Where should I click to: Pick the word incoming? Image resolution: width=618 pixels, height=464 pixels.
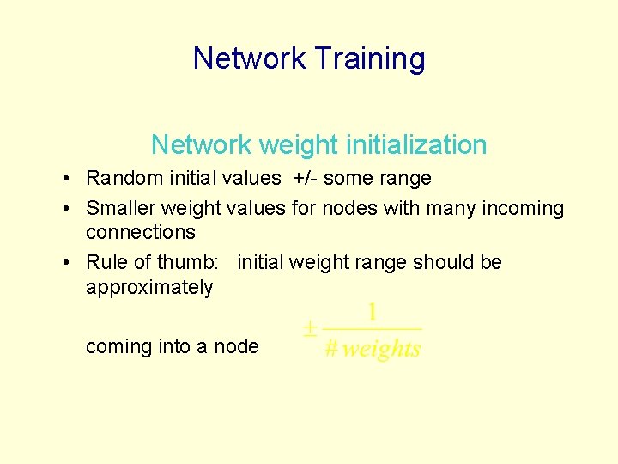pos(523,208)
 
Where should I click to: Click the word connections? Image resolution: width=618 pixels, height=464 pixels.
pos(141,232)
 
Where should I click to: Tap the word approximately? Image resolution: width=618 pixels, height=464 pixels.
pos(149,286)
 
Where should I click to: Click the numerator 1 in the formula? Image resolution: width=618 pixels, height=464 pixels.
pos(373,311)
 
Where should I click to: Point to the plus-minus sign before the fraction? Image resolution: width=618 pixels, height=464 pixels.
pos(310,330)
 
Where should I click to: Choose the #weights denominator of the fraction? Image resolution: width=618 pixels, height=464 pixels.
pos(373,349)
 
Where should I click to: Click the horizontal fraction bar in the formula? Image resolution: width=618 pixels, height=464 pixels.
pos(373,329)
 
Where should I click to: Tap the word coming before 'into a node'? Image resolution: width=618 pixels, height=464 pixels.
pos(118,346)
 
